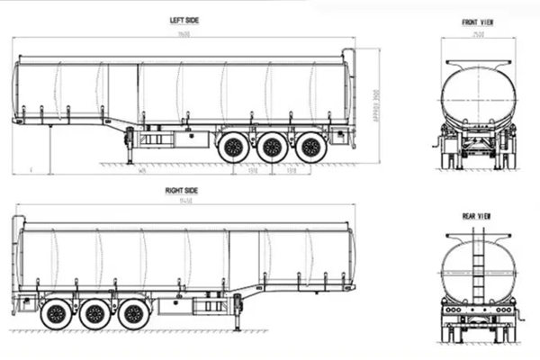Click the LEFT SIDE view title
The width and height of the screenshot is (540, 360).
184,20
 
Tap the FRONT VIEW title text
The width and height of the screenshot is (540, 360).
478,22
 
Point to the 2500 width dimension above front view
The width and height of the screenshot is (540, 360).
478,35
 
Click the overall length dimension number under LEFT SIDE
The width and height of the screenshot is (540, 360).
184,32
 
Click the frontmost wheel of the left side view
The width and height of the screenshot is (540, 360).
232,148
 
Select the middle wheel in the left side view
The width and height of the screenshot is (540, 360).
272,148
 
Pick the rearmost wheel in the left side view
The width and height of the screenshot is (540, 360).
311,148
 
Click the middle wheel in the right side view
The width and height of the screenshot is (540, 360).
94,315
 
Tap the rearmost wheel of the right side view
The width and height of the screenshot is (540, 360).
55,315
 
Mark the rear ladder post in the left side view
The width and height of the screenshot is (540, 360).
349,90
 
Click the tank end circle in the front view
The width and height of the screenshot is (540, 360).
478,96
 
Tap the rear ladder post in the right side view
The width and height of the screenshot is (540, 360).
16,261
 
